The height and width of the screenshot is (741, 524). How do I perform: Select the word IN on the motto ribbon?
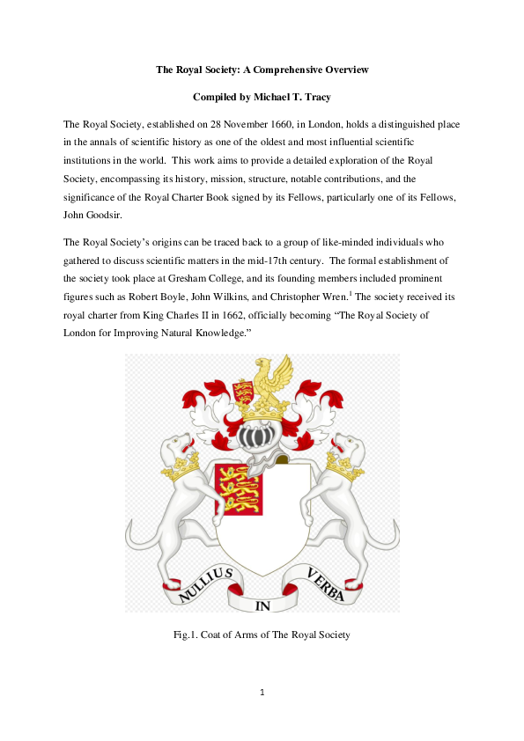coord(262,605)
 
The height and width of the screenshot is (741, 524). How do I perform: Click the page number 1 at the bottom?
coord(262,692)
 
